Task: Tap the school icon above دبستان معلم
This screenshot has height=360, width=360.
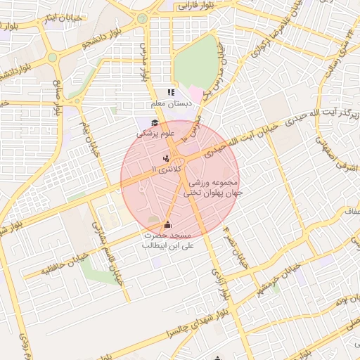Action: pyautogui.click(x=169, y=92)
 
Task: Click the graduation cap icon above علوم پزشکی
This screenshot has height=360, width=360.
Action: pyautogui.click(x=154, y=124)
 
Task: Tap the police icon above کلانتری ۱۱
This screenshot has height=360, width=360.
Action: pyautogui.click(x=165, y=158)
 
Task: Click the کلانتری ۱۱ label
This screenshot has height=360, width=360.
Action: pyautogui.click(x=167, y=169)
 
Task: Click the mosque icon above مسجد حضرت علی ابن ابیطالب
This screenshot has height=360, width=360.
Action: pyautogui.click(x=167, y=226)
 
